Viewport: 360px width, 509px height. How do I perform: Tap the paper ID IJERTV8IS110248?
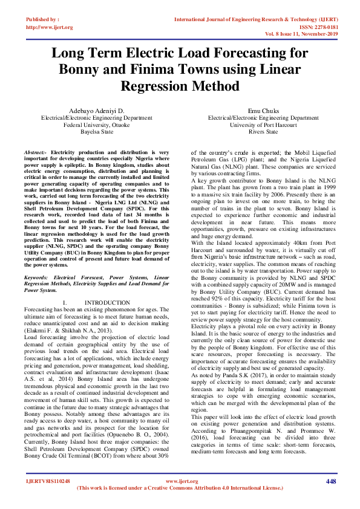point(48,482)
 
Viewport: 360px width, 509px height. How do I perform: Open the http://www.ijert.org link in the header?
point(50,27)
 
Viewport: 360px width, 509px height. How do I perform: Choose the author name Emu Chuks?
point(263,111)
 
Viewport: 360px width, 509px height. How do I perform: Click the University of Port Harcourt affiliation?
point(263,125)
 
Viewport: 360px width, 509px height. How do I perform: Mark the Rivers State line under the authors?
point(263,131)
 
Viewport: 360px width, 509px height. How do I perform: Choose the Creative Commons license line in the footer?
point(180,487)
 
